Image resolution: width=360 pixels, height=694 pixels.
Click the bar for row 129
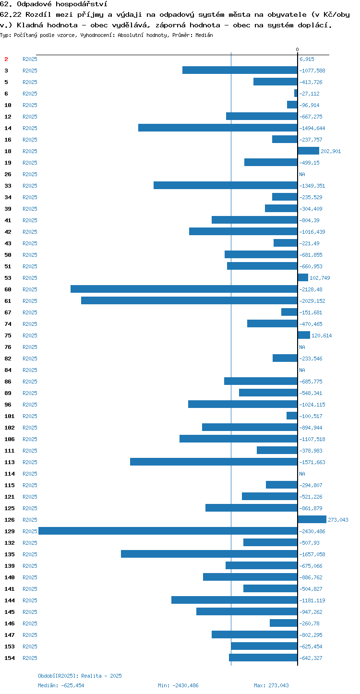(x=168, y=531)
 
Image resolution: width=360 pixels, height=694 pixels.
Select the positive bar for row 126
(x=312, y=519)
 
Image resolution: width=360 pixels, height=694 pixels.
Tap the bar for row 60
(x=184, y=289)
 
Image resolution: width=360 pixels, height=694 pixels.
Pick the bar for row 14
(x=218, y=128)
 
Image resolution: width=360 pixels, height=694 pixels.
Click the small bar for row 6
(x=296, y=93)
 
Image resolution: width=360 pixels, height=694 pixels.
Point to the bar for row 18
(x=309, y=151)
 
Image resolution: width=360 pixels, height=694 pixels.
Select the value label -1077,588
(x=312, y=71)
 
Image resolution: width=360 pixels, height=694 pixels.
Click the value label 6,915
(x=307, y=59)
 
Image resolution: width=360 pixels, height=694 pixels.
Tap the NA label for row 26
(x=302, y=174)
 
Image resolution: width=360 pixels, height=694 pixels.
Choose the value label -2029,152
(x=312, y=301)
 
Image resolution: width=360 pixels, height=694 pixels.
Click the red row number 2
(x=6, y=59)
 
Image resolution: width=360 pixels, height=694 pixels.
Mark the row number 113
(x=10, y=462)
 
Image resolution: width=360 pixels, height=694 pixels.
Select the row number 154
(x=10, y=658)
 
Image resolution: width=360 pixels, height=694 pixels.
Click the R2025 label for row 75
(x=30, y=335)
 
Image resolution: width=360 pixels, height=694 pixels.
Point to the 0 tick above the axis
(x=298, y=49)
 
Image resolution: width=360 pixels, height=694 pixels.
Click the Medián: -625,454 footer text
(x=61, y=685)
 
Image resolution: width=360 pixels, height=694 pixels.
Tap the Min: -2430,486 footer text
(x=178, y=685)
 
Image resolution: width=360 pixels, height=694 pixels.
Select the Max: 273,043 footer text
(x=271, y=685)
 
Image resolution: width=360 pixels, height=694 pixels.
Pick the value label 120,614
(x=322, y=335)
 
